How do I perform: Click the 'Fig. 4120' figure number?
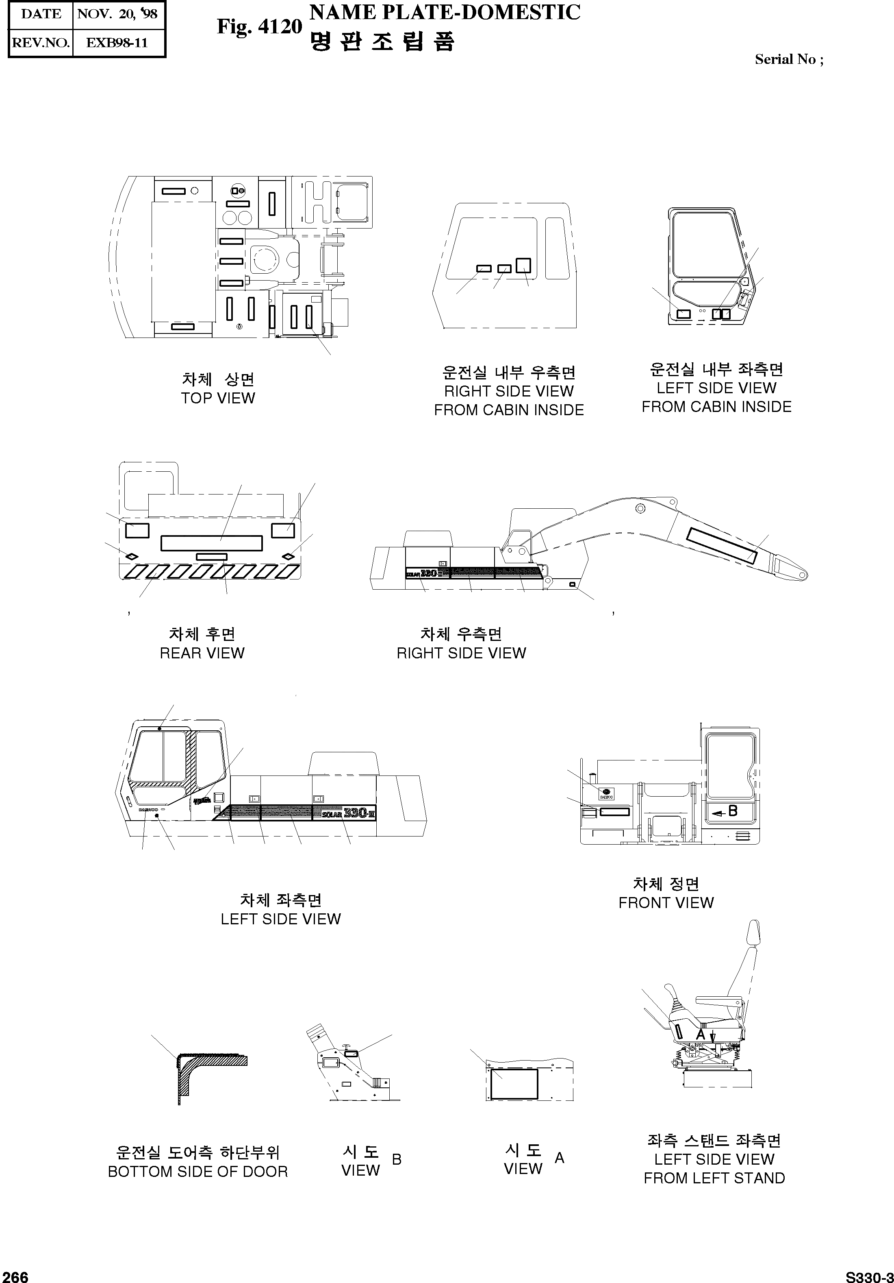(x=259, y=26)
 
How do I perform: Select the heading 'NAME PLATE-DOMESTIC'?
(x=445, y=12)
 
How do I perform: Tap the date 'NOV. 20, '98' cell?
(x=118, y=14)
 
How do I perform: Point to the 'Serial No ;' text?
(x=788, y=59)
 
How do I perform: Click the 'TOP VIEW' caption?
(x=218, y=399)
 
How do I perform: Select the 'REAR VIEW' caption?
(x=202, y=653)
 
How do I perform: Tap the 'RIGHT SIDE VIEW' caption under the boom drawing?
(x=461, y=653)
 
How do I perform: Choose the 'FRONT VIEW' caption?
(x=666, y=902)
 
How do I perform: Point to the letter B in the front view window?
(x=733, y=811)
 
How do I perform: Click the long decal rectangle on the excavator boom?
(x=721, y=545)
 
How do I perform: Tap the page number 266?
(x=15, y=1276)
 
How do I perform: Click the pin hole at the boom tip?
(x=803, y=575)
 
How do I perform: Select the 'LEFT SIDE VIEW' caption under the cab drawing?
(x=280, y=919)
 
